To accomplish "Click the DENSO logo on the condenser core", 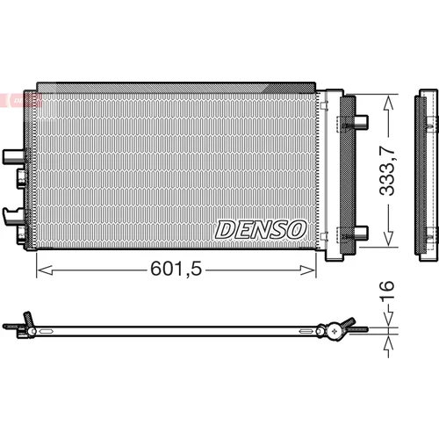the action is (261, 230).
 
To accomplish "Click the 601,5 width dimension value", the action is (176, 269).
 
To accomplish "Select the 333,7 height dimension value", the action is (387, 170).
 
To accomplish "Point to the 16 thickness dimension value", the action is (387, 290).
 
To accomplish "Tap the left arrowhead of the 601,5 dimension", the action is (45, 270).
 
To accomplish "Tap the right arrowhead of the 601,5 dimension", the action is (308, 270).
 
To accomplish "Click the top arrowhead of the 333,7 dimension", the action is (388, 103).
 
